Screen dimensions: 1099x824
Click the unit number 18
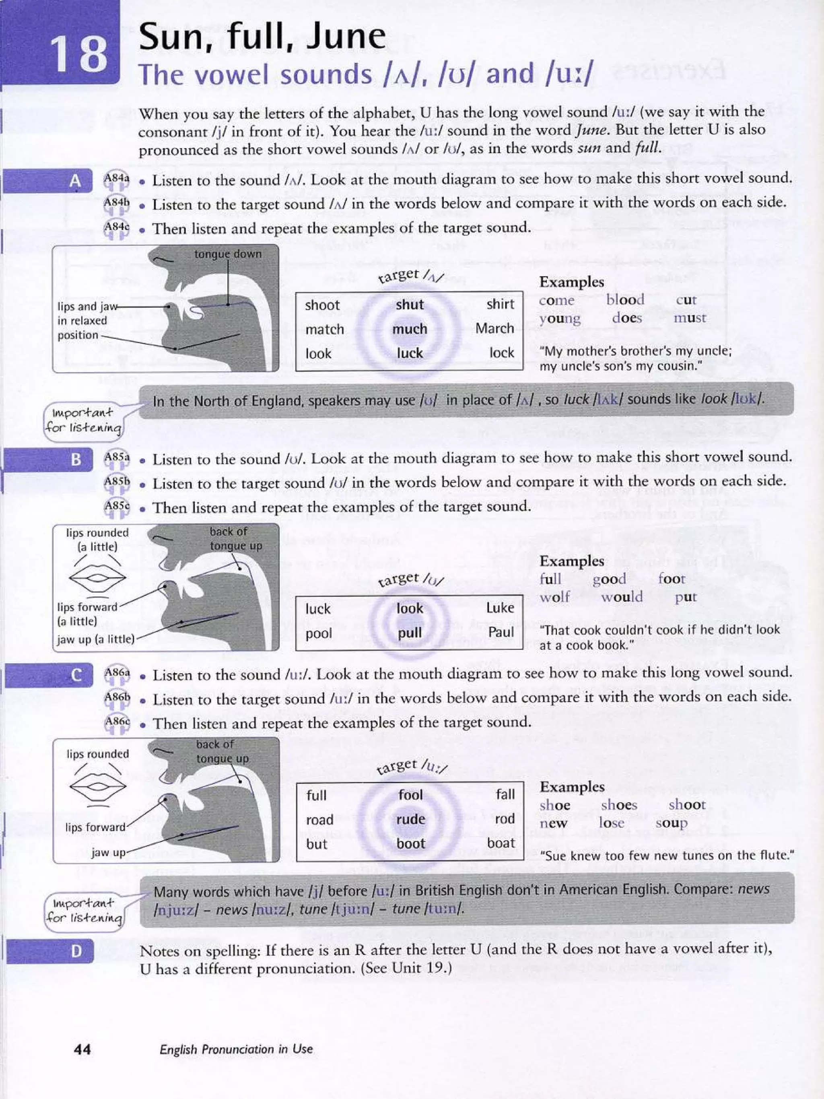click(80, 54)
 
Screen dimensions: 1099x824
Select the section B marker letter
click(76, 460)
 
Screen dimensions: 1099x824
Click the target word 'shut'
click(409, 305)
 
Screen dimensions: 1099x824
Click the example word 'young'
click(560, 318)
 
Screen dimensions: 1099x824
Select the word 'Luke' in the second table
click(500, 608)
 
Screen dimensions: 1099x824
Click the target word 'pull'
click(409, 633)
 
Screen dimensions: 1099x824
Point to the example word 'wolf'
click(554, 597)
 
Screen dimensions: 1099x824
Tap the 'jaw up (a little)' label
click(96, 639)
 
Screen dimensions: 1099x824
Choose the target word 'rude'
click(410, 819)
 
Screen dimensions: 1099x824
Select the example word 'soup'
click(671, 823)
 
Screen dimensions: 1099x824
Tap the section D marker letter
click(76, 951)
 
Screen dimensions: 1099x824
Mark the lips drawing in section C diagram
click(97, 786)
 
